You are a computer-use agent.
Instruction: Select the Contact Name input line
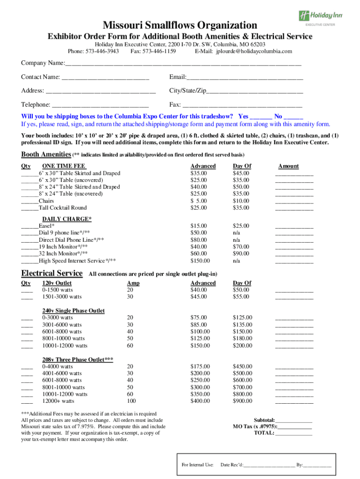105,77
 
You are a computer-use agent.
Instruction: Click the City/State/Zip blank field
255,91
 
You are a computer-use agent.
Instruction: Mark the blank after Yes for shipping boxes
261,116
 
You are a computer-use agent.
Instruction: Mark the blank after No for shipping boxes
293,116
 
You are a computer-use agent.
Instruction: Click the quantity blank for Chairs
29,201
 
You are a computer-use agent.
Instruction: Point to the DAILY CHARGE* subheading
67,219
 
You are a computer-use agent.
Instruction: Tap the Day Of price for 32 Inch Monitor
241,254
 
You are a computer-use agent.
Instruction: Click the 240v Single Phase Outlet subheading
73,311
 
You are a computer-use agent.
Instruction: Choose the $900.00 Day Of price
242,401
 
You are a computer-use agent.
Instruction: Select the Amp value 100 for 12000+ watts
131,401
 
